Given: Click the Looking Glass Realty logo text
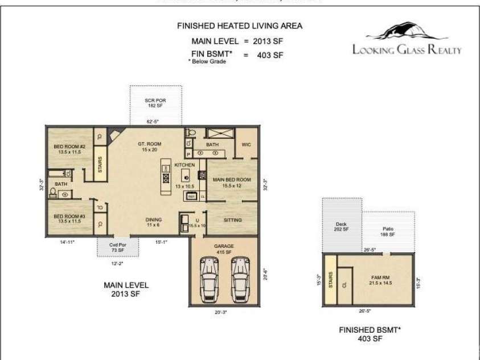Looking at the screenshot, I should pyautogui.click(x=407, y=50).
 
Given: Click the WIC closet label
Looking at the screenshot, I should pyautogui.click(x=247, y=145).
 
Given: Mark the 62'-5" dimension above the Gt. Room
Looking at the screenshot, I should pyautogui.click(x=153, y=121).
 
